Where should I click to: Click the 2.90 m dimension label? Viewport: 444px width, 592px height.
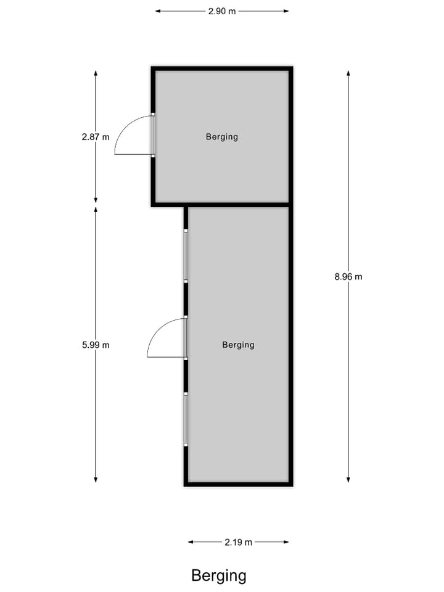click(x=221, y=11)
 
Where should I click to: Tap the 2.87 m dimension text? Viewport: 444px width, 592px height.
click(x=95, y=137)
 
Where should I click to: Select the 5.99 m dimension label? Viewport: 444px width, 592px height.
click(x=95, y=345)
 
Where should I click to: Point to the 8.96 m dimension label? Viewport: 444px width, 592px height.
click(x=348, y=277)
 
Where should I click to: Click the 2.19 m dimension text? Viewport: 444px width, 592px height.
click(x=238, y=542)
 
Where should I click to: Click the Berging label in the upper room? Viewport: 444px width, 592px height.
click(x=221, y=137)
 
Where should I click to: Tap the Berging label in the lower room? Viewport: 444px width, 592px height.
click(x=238, y=345)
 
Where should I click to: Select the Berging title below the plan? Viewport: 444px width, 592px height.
click(x=219, y=576)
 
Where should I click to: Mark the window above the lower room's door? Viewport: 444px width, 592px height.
click(x=185, y=256)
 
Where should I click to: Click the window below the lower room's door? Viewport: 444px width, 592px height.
click(x=185, y=419)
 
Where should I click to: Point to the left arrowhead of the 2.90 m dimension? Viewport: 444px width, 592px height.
click(x=157, y=11)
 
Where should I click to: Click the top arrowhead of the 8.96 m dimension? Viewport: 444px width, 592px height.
click(x=348, y=73)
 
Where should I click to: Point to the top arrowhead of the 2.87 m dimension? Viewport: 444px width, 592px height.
click(x=96, y=73)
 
